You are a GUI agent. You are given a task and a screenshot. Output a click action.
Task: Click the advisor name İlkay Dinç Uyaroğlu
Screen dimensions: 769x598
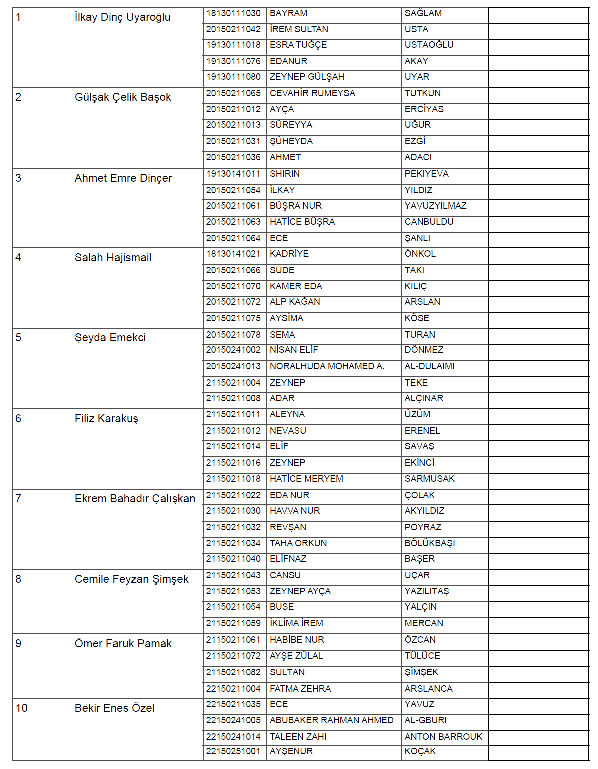[x=122, y=17]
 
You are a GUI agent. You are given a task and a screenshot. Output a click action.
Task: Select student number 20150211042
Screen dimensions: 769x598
[x=233, y=29]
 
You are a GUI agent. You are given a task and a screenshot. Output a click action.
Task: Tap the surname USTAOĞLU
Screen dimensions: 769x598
[x=429, y=45]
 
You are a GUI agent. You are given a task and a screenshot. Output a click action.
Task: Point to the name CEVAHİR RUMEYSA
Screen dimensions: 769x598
[x=312, y=93]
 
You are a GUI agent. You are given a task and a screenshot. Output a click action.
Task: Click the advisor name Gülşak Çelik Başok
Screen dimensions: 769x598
[x=123, y=97]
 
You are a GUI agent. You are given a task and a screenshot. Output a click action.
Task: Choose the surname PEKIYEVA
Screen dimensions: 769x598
[x=426, y=174]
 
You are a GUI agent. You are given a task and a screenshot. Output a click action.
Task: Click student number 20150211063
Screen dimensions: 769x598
[x=233, y=222]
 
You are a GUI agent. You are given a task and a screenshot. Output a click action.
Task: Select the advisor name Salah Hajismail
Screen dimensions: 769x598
[x=113, y=258]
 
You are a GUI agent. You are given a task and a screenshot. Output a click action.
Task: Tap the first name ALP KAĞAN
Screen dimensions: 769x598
[x=295, y=302]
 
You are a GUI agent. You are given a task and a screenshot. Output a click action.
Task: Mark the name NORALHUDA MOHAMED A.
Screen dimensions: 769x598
[x=327, y=366]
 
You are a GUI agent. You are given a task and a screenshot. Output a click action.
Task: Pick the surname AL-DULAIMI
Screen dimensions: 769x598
[x=429, y=366]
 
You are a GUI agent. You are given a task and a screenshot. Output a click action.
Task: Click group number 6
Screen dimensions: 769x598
[x=18, y=419]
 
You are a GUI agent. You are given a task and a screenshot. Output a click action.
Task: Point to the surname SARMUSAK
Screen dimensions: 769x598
[x=429, y=479]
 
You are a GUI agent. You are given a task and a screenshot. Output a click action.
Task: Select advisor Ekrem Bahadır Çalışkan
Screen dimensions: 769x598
[x=135, y=499]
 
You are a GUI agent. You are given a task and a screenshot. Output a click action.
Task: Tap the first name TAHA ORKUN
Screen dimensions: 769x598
[x=298, y=543]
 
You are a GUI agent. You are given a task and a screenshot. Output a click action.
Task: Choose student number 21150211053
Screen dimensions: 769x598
[x=233, y=591]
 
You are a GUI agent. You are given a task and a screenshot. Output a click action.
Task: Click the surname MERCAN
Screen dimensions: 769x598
[x=424, y=623]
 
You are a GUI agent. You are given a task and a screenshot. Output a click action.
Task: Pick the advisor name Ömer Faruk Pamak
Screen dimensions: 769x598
[x=123, y=644]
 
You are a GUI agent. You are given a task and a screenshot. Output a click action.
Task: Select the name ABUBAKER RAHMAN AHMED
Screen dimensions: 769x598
[x=331, y=720]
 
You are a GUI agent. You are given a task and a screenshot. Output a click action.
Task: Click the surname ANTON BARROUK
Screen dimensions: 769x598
[x=443, y=737]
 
